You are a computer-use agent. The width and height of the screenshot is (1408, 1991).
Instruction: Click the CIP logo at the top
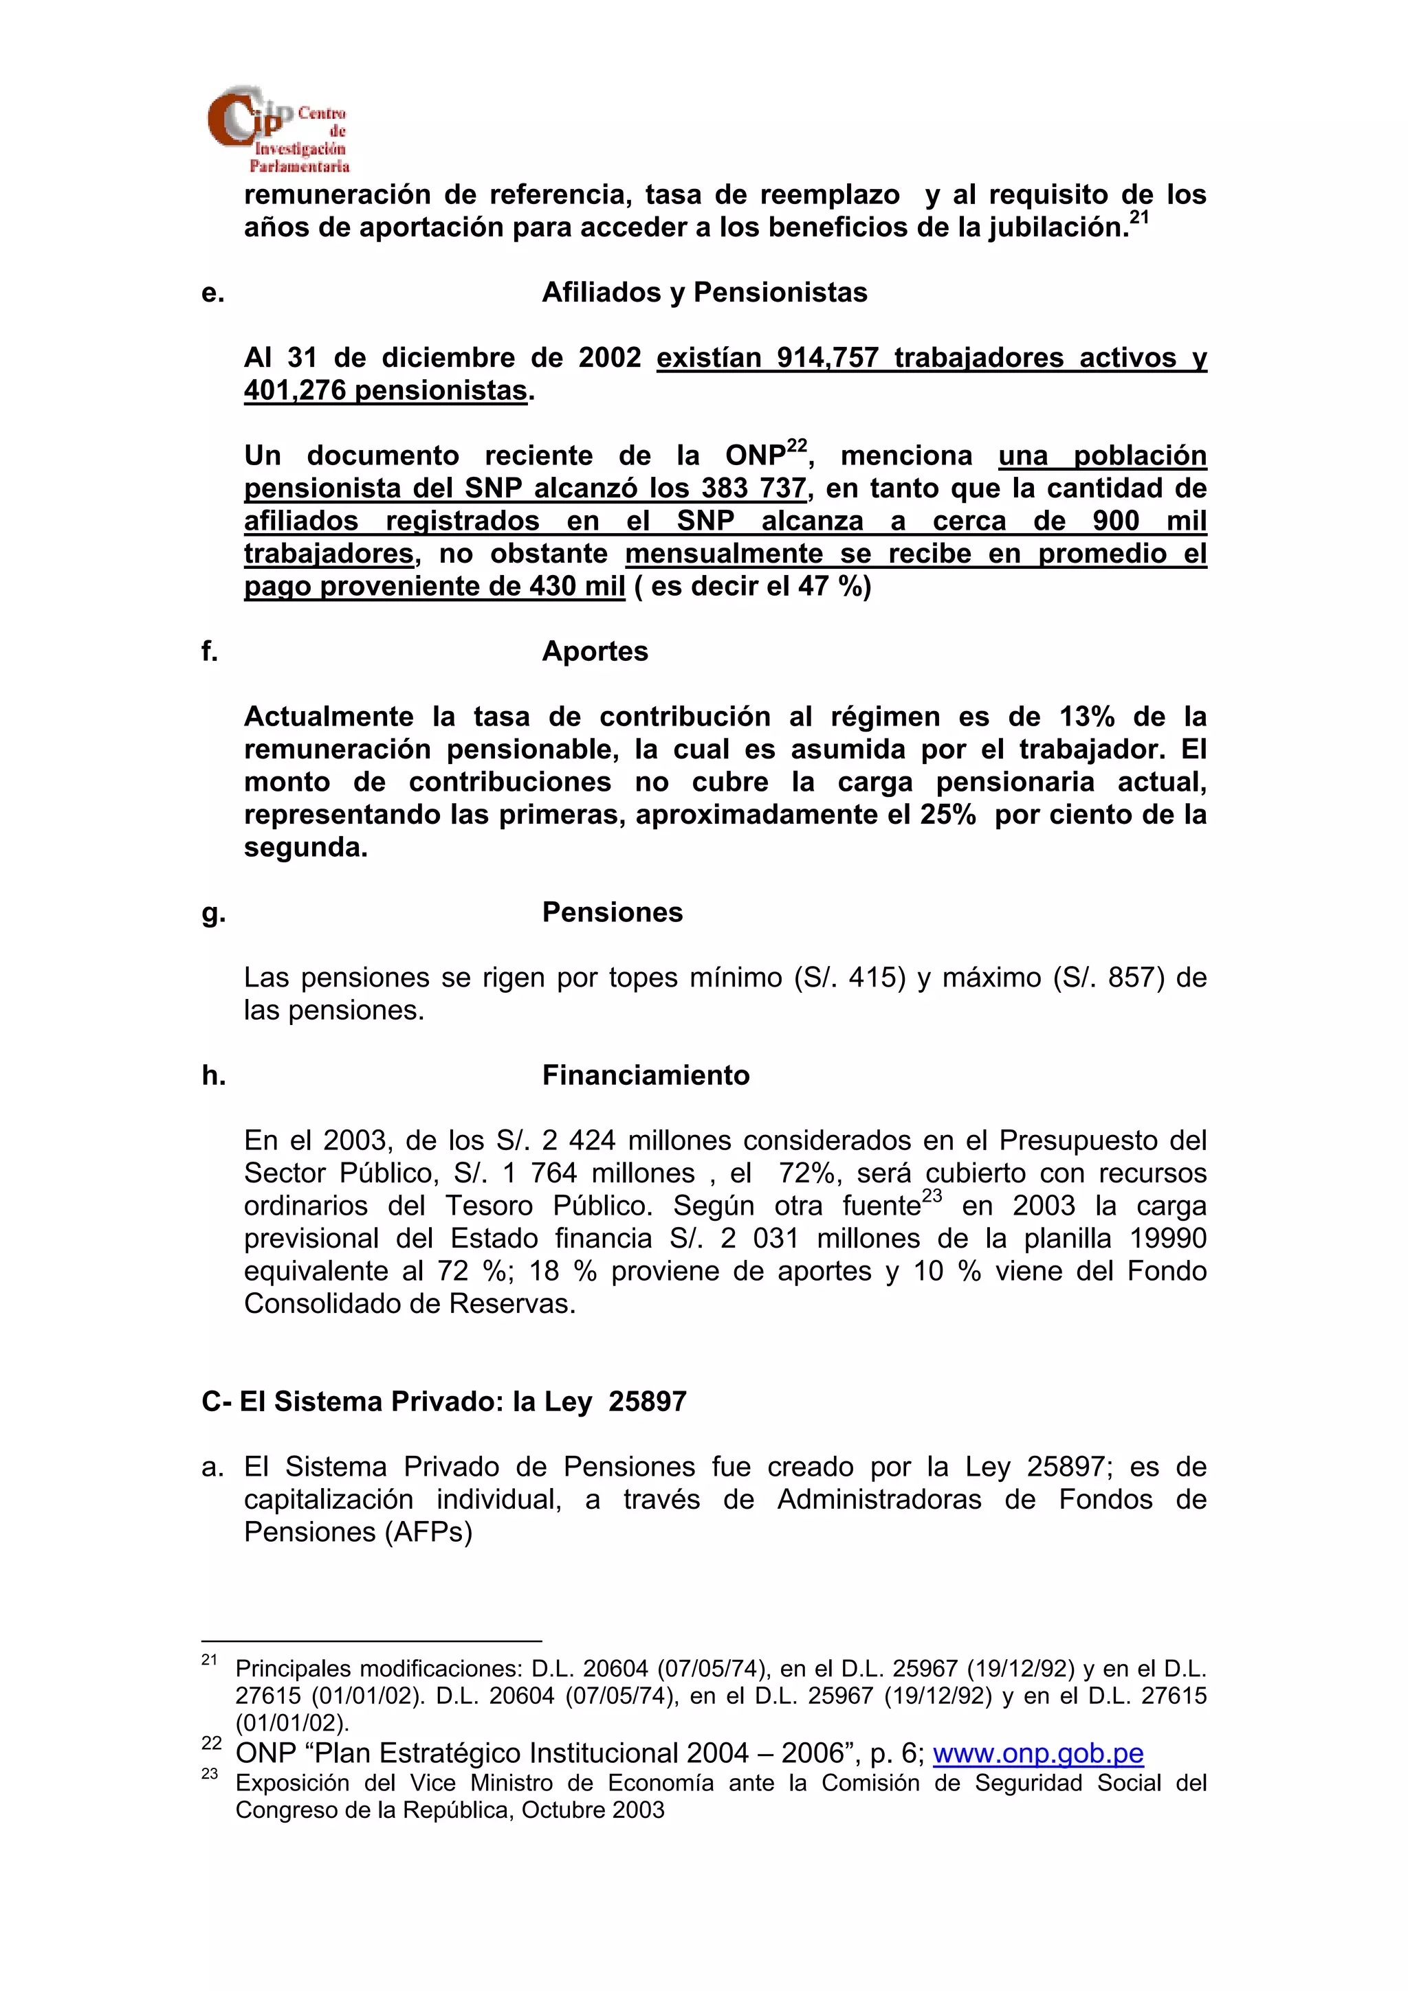point(278,128)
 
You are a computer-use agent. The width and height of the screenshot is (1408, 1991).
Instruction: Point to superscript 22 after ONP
point(796,446)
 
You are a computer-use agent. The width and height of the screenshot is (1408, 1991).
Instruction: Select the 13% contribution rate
point(1086,717)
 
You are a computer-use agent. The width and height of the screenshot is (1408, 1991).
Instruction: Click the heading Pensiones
point(612,912)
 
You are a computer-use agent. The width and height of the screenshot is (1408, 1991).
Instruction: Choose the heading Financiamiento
point(646,1075)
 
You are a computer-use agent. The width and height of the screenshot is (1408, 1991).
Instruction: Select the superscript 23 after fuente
point(932,1196)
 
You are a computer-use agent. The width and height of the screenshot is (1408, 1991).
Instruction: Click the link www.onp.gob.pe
point(1037,1753)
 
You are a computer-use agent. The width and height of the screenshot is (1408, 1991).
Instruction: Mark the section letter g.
point(212,913)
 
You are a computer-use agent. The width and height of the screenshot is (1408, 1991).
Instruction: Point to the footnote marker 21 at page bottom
point(209,1660)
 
